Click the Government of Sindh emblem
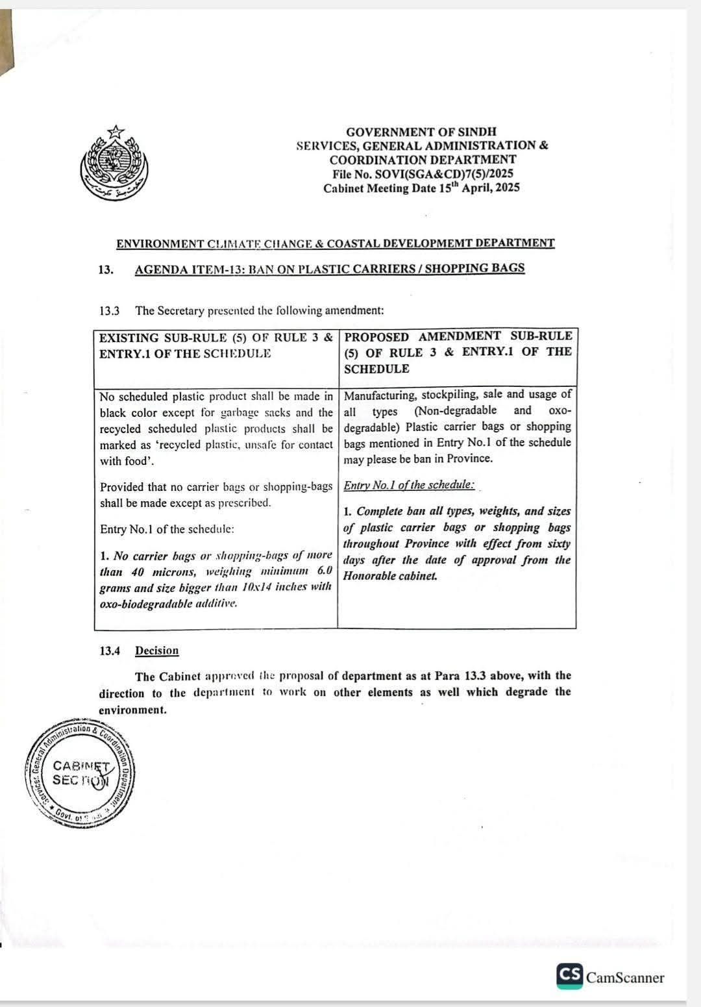114,162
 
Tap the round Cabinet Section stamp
81,773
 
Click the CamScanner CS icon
569,976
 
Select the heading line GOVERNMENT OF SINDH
421,132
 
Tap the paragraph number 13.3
110,310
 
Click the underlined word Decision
156,651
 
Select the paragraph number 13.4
110,651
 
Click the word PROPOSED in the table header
376,337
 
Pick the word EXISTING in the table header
129,338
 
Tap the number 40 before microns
137,572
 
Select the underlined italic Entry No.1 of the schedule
409,485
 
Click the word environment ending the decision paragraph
132,710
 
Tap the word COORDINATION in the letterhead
373,160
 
